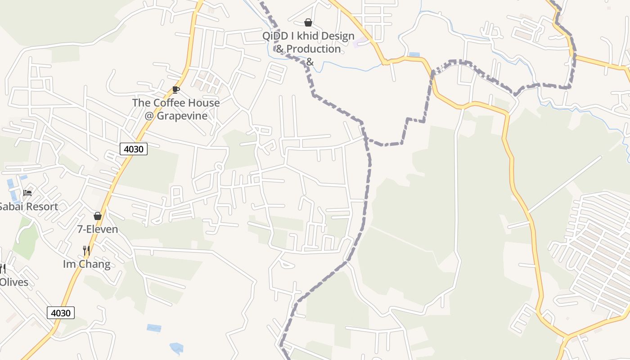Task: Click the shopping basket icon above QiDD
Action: click(308, 22)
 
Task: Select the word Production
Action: click(314, 49)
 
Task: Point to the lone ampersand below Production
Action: click(310, 62)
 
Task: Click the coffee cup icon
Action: click(176, 90)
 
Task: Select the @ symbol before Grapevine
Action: click(149, 116)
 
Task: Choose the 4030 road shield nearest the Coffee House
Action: click(134, 149)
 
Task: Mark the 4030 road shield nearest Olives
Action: click(61, 313)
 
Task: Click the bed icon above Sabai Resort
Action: click(27, 193)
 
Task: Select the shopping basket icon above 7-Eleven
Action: click(98, 216)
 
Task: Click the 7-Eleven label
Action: click(98, 229)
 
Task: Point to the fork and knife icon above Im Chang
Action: click(86, 250)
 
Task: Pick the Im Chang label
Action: click(86, 264)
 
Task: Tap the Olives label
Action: click(13, 283)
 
